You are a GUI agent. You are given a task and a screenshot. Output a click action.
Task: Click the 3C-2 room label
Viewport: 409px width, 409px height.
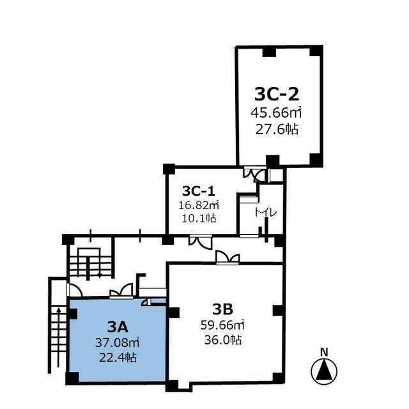(277, 94)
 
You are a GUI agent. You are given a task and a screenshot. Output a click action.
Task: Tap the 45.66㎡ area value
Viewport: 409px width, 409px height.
(276, 112)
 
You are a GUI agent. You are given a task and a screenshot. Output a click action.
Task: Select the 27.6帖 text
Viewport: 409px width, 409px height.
(277, 129)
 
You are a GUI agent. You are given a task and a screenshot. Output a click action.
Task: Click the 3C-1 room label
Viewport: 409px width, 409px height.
(199, 191)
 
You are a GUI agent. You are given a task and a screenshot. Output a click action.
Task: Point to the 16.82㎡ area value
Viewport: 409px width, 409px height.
(199, 205)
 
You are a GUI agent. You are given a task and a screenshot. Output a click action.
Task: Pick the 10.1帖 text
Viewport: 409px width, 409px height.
(199, 218)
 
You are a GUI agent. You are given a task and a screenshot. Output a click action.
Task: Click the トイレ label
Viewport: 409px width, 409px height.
(266, 213)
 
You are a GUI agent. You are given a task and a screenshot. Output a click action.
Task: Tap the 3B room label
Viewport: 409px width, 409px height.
(222, 309)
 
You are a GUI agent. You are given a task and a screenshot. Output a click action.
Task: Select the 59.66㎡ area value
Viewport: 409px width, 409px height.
(222, 325)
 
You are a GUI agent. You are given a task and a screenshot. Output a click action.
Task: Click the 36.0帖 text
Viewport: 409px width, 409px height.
(223, 340)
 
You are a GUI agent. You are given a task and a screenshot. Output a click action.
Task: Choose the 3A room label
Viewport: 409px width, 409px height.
(118, 327)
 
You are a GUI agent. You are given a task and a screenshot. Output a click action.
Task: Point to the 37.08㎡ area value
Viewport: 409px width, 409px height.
(117, 343)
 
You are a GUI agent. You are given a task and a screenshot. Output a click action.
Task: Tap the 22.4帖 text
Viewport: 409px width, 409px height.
(118, 357)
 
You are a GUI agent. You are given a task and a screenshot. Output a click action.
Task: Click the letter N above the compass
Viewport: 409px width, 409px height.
(324, 352)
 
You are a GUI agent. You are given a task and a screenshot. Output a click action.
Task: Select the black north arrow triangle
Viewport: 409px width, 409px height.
(324, 370)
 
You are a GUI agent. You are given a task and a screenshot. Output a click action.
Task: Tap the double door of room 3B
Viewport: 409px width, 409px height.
(228, 257)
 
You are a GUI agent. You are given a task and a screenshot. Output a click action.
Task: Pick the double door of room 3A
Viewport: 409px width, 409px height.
(121, 291)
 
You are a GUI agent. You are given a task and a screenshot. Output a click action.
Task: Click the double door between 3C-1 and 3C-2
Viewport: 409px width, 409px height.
(255, 174)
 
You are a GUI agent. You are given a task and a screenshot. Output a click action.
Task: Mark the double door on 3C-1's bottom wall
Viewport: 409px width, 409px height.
(201, 242)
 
